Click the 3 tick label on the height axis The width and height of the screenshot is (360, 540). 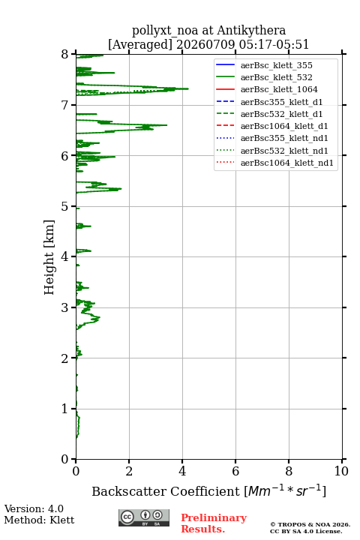pos(64,307)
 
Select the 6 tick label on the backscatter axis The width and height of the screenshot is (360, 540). pos(235,471)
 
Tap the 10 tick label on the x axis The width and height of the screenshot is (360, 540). pos(341,471)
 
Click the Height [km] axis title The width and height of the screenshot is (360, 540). pos(49,257)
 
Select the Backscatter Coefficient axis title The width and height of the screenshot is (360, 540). pos(208,490)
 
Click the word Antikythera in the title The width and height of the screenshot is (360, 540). pos(251,31)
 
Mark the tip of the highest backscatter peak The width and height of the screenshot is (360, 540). pos(188,88)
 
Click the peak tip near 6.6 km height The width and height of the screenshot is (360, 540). pos(166,125)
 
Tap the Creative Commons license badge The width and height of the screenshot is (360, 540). pos(144,517)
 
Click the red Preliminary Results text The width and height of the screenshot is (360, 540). pos(214,523)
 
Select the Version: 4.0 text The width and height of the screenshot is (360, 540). pos(34,508)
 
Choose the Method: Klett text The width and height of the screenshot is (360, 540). pos(39,520)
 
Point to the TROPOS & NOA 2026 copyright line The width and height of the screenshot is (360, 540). pos(310,524)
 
